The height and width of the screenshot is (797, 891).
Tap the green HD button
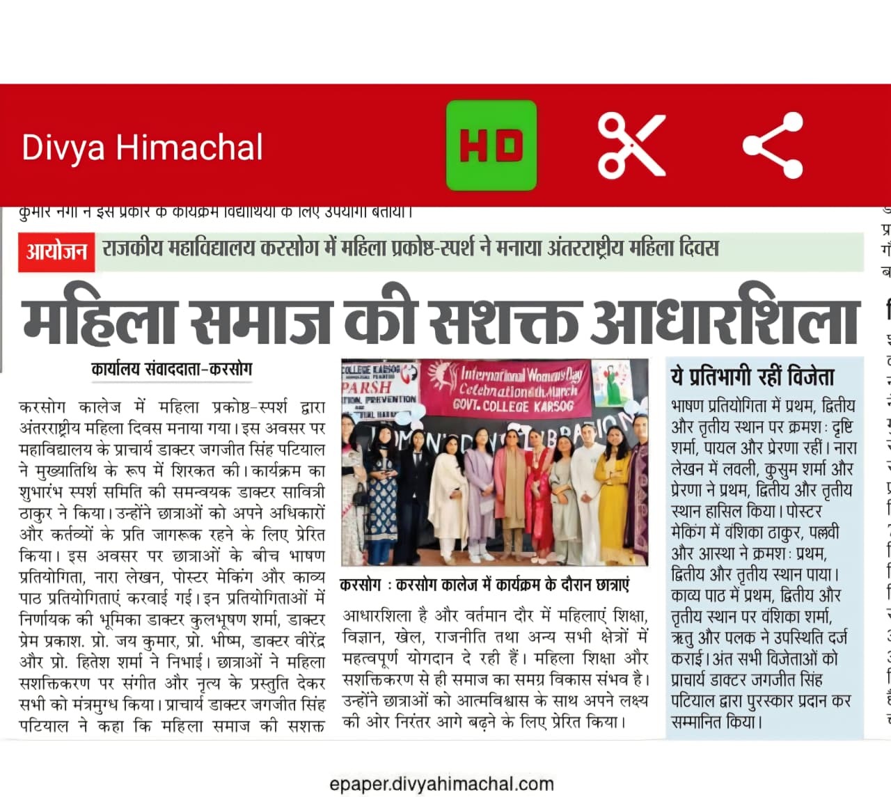[x=491, y=145]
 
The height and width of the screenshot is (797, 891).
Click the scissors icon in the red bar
[x=631, y=145]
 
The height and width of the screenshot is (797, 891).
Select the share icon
[x=773, y=145]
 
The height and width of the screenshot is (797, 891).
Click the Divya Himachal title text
[x=142, y=148]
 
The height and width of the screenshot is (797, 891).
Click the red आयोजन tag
[x=56, y=251]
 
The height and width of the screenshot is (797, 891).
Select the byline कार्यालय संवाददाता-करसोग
[x=171, y=369]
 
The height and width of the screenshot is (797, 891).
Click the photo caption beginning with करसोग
[x=484, y=585]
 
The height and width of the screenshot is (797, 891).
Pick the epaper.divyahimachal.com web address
[x=441, y=784]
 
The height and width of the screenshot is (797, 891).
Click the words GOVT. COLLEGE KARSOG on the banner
[x=513, y=405]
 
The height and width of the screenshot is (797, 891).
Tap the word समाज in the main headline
[x=261, y=321]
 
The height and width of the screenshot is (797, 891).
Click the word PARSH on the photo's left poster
[x=366, y=386]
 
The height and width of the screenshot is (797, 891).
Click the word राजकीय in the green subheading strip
[x=132, y=248]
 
